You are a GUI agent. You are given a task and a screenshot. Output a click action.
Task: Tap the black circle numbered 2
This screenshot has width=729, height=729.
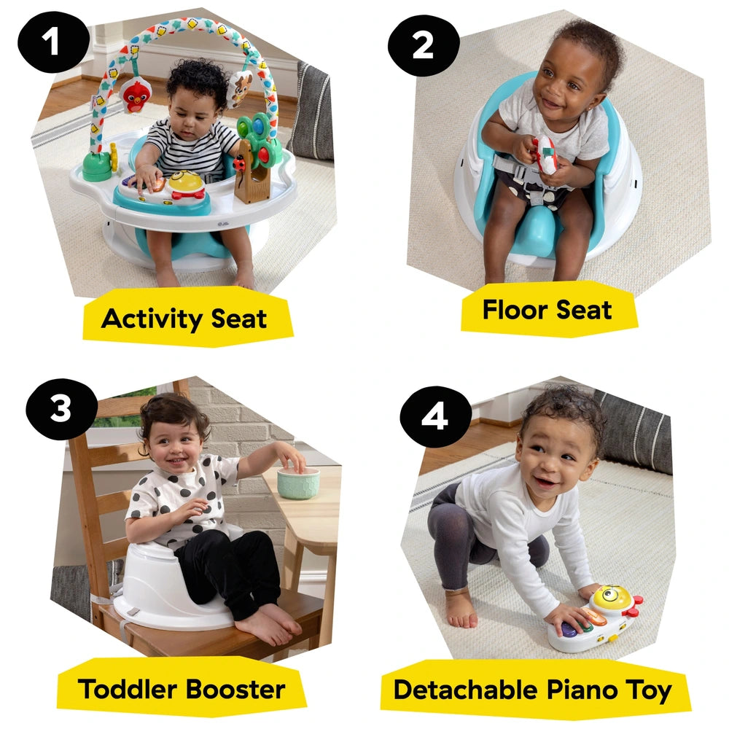(x=423, y=45)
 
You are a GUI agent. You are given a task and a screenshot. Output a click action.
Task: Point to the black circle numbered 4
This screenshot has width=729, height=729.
(x=435, y=419)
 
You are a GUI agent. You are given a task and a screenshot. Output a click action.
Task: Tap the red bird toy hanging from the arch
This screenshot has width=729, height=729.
(x=136, y=95)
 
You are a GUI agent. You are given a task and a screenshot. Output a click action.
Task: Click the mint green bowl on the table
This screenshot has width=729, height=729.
(x=298, y=483)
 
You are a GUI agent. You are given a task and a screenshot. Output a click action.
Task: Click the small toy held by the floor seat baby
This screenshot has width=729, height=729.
(x=545, y=155)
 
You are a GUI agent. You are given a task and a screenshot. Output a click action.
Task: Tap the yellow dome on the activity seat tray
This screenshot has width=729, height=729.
(x=187, y=182)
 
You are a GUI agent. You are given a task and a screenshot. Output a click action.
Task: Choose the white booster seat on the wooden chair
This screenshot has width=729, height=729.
(x=168, y=590)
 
